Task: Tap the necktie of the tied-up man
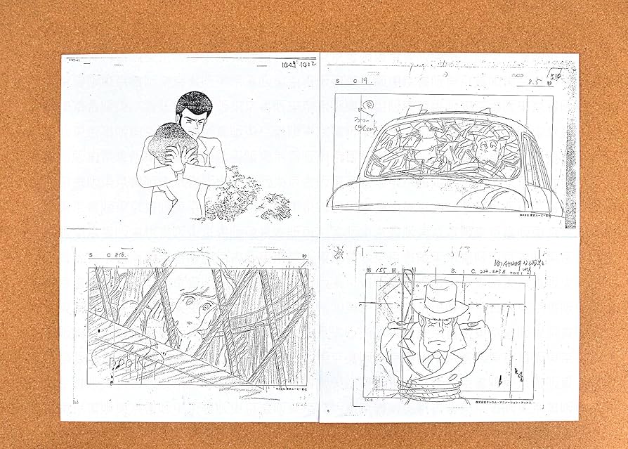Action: pyautogui.click(x=436, y=363)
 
